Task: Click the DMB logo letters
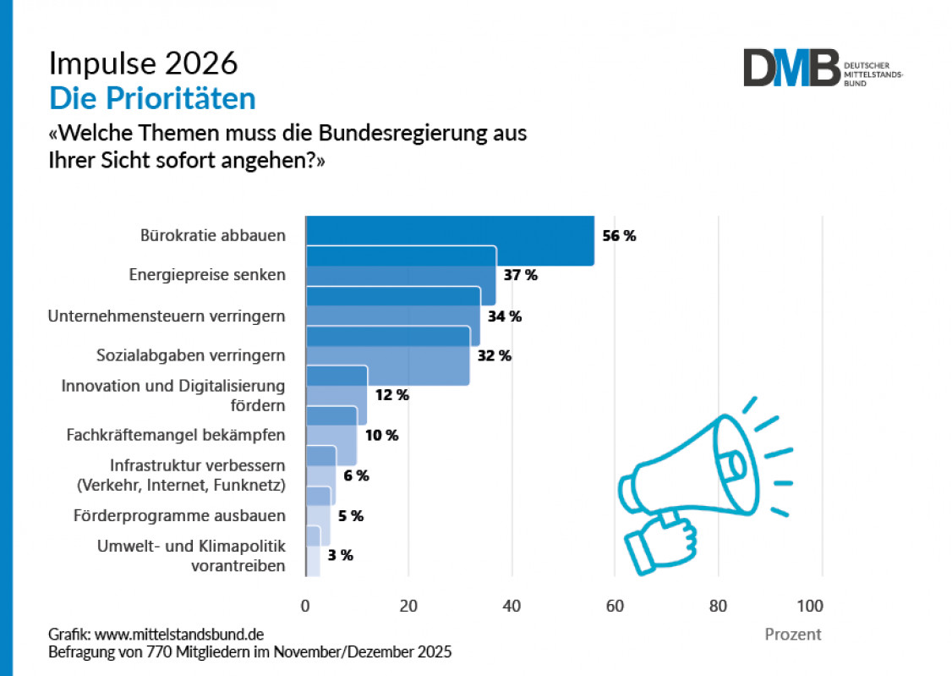[791, 68]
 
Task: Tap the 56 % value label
[619, 236]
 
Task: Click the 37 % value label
[519, 275]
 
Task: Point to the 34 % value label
[504, 316]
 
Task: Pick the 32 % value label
[494, 355]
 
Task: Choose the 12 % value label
[391, 395]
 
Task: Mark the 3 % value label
[341, 555]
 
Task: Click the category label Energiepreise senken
[207, 275]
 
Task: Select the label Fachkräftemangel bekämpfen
[176, 435]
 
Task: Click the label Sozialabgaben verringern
[189, 355]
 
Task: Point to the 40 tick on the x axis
[512, 606]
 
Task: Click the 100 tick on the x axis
[809, 606]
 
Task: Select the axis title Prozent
[792, 635]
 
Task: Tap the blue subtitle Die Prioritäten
[152, 99]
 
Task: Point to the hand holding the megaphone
[659, 541]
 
